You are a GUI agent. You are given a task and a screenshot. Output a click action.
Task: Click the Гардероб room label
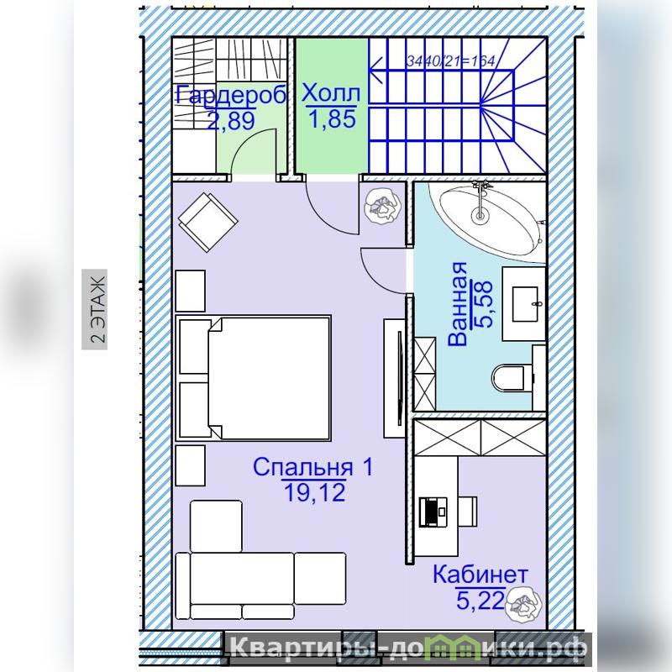pos(231,95)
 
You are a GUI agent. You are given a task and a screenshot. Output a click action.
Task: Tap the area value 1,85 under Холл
pos(332,118)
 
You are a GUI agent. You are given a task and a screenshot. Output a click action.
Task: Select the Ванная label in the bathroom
pos(457,303)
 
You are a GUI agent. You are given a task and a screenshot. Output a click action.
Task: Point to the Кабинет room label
pos(480,574)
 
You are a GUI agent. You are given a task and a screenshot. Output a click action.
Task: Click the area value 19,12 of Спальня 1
pos(314,492)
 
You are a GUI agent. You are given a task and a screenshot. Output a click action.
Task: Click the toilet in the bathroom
pos(512,378)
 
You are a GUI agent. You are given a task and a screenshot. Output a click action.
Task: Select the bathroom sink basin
pos(525,304)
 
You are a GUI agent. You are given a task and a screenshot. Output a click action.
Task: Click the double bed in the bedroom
pos(253,379)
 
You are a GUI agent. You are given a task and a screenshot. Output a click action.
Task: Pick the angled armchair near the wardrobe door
pos(207,222)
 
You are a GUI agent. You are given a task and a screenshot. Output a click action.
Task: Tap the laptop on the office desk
pos(433,512)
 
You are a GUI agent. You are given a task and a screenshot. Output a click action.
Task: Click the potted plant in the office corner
pos(523,603)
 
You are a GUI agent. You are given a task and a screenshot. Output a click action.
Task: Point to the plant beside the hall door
pos(382,206)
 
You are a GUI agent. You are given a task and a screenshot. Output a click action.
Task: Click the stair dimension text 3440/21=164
pos(450,61)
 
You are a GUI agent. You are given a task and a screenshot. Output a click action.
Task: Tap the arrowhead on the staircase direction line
pos(375,70)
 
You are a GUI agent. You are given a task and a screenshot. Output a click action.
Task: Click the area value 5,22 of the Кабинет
pos(480,600)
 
